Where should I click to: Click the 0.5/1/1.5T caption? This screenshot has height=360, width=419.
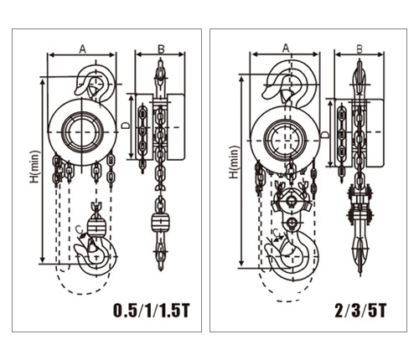pyautogui.click(x=151, y=311)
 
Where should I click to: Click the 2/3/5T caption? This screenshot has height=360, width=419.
pyautogui.click(x=360, y=311)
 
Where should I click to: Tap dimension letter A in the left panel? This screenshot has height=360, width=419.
pyautogui.click(x=82, y=49)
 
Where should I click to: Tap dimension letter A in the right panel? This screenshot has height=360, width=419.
pyautogui.click(x=285, y=49)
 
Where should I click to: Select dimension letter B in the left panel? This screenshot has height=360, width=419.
pyautogui.click(x=161, y=49)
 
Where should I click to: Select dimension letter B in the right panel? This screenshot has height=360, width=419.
pyautogui.click(x=360, y=49)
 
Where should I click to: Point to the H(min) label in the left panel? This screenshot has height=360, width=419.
pyautogui.click(x=35, y=167)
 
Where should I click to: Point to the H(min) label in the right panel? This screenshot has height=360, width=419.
pyautogui.click(x=235, y=162)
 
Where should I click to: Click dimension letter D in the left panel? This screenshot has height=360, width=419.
pyautogui.click(x=127, y=126)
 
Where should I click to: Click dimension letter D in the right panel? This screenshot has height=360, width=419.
pyautogui.click(x=325, y=135)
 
